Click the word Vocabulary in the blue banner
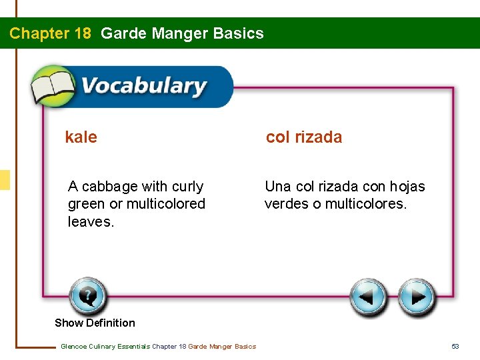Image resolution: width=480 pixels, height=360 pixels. coord(143,87)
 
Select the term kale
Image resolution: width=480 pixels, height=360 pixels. coord(81,137)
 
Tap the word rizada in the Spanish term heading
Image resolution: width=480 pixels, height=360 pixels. coord(318,137)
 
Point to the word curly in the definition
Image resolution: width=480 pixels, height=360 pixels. coord(187,187)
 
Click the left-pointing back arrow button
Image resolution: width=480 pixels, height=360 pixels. coord(369,297)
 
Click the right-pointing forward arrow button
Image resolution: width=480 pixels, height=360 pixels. coord(417,297)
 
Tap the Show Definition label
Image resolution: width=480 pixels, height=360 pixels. coord(95,323)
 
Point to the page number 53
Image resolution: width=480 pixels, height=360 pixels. coord(455,346)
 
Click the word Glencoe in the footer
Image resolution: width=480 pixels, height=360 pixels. coord(73,346)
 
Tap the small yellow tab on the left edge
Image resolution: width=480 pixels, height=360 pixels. coord(5,180)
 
